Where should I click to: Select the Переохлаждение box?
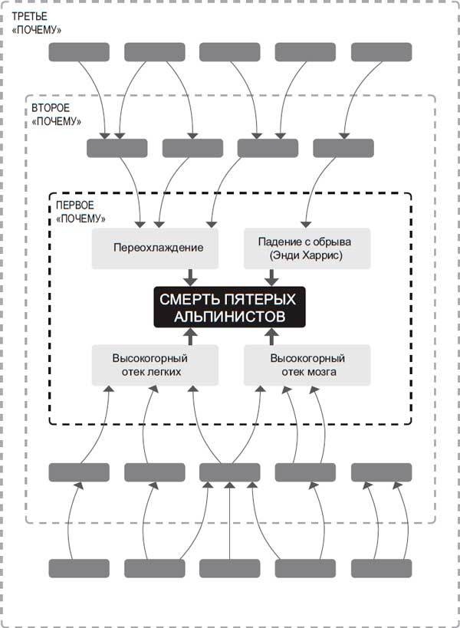click(158, 248)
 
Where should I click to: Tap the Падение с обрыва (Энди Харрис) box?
click(307, 248)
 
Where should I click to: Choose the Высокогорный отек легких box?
click(150, 365)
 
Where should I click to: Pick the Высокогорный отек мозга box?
click(307, 365)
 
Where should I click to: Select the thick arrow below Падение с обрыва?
click(270, 278)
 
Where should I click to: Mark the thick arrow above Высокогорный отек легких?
click(191, 336)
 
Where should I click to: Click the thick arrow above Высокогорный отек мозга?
click(270, 336)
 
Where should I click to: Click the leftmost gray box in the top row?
click(79, 52)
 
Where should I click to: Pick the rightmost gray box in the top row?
click(381, 52)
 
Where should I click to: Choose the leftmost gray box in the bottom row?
click(79, 568)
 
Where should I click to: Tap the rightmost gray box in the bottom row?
click(381, 568)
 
